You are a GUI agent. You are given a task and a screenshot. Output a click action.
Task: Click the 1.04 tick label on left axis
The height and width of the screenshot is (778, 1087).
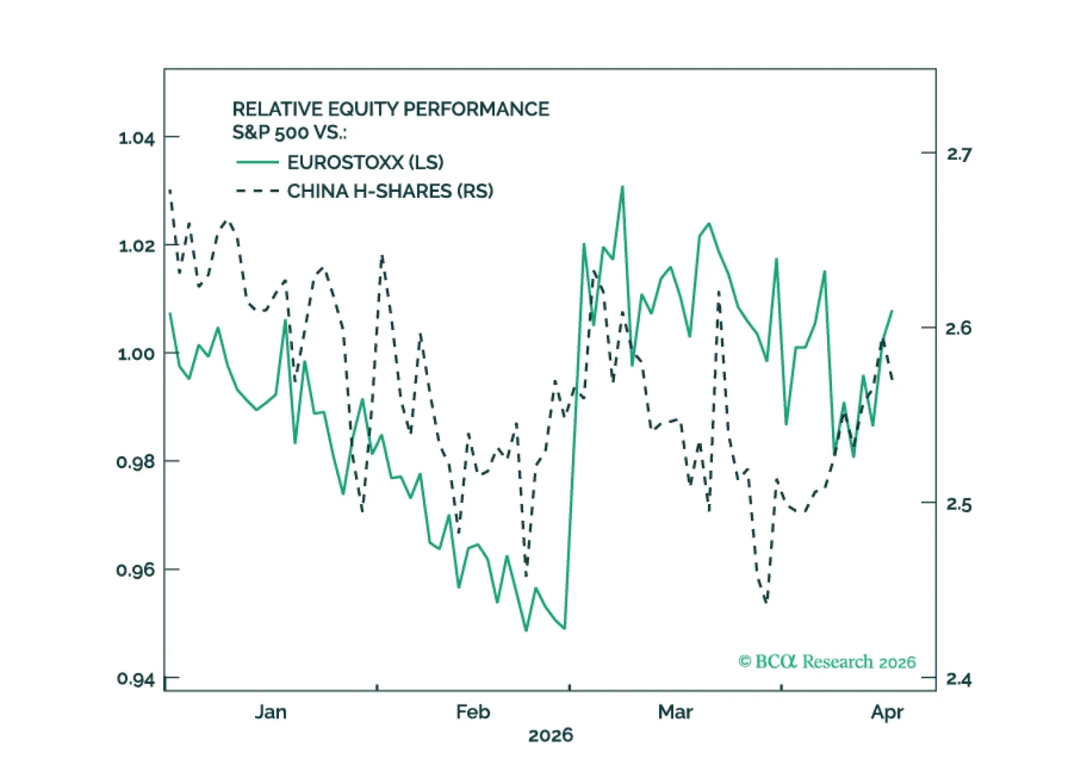[x=137, y=138]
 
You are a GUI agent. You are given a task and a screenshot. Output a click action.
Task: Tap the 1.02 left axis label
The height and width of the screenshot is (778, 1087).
[x=137, y=246]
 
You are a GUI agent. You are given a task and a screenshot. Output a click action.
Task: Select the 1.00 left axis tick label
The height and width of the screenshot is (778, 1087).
[x=137, y=354]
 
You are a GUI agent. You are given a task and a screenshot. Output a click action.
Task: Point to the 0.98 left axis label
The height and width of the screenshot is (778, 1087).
[x=137, y=462]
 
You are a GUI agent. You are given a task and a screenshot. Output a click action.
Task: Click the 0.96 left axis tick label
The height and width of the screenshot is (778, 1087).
[x=137, y=570]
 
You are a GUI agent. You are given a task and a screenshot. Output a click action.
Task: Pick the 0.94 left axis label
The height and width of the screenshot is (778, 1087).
[x=137, y=679]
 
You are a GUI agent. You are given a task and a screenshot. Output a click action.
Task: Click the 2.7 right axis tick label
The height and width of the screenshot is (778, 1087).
[x=958, y=154]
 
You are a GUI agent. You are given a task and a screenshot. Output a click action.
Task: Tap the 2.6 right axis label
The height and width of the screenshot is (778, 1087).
[x=958, y=328]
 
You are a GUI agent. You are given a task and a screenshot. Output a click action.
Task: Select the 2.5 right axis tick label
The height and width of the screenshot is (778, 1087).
[x=958, y=504]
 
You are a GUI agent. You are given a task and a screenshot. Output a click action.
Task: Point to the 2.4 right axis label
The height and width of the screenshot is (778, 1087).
[x=958, y=679]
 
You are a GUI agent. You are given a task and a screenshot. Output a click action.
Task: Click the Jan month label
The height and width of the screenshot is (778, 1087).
[x=271, y=712]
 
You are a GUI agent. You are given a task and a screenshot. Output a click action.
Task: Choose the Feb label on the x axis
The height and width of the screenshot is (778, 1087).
[x=473, y=712]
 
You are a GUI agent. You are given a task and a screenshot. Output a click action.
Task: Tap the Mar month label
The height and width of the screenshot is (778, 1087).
[x=675, y=712]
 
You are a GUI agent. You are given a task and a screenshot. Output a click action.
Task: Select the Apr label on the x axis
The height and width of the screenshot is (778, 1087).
[x=887, y=712]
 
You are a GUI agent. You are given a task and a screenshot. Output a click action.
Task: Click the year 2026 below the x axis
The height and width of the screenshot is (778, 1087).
[x=550, y=735]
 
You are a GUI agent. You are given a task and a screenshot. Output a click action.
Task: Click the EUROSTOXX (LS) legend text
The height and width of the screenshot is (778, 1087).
[x=365, y=163]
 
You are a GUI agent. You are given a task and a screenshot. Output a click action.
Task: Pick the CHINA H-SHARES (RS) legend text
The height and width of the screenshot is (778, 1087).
[x=390, y=191]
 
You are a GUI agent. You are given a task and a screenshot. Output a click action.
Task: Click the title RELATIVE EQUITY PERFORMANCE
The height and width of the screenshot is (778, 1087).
[x=390, y=109]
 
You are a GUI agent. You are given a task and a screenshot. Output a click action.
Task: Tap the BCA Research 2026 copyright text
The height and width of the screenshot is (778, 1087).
[x=827, y=662]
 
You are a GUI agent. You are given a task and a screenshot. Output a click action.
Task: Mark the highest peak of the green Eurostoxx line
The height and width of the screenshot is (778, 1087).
[x=622, y=187]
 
